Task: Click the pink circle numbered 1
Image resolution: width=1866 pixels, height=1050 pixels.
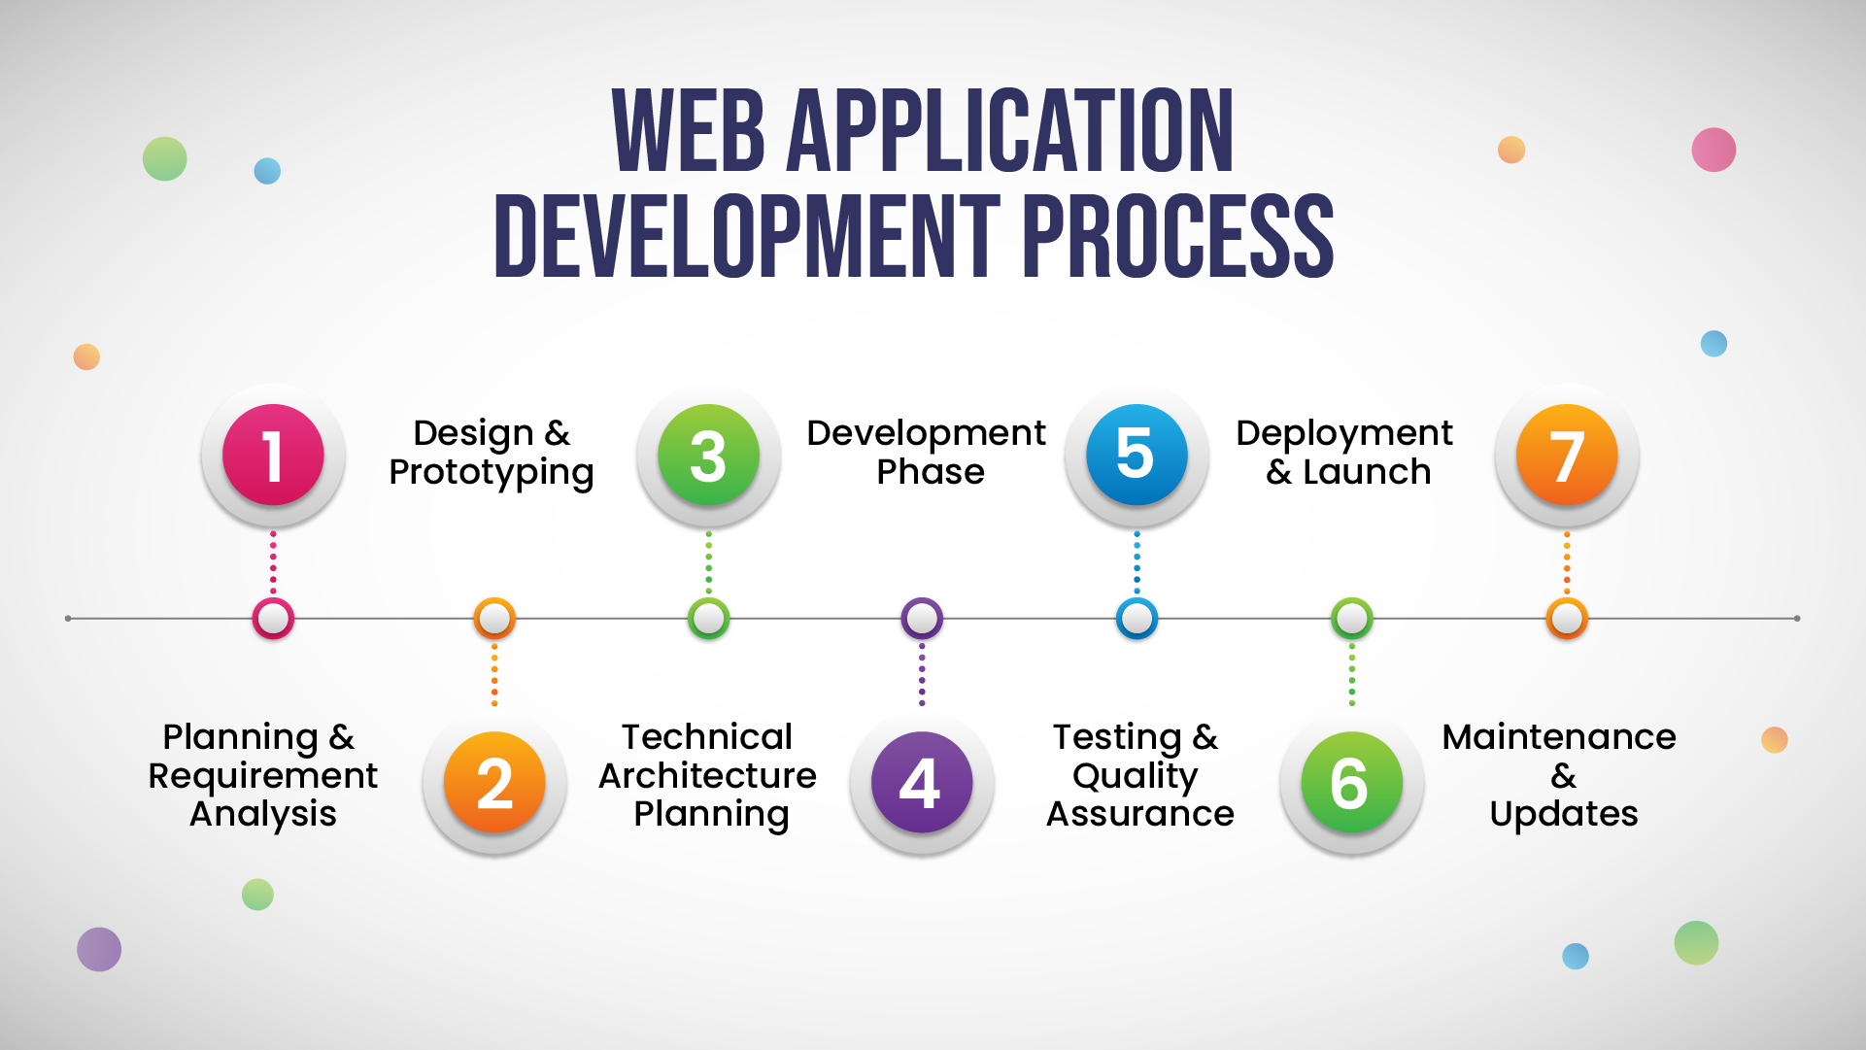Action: tap(273, 455)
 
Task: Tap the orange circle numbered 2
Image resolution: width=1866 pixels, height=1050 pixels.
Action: tap(494, 782)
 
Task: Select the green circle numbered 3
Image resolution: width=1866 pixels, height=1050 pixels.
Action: tap(708, 455)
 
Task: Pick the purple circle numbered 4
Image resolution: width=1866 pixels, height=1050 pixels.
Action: tap(922, 782)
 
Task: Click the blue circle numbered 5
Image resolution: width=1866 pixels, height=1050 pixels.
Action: tap(1137, 455)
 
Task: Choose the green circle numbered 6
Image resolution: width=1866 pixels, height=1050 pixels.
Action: tap(1351, 782)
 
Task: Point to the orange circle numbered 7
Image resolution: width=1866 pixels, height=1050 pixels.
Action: tap(1567, 455)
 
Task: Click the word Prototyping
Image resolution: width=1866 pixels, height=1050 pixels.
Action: tap(492, 473)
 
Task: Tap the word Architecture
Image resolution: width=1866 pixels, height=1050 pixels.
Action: tap(707, 775)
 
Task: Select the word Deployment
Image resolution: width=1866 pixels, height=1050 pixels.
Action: tap(1344, 434)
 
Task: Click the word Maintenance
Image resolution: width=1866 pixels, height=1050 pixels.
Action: tap(1559, 736)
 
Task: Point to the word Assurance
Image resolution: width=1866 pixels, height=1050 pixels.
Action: tap(1139, 813)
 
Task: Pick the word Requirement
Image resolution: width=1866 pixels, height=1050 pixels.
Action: tap(262, 776)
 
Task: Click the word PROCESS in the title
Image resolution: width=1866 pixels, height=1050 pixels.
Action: tap(1177, 236)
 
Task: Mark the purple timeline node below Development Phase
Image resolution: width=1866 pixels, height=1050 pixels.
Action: tap(922, 618)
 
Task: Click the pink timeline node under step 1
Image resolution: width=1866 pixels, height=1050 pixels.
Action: tap(273, 618)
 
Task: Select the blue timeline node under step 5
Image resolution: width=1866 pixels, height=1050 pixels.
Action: tap(1137, 618)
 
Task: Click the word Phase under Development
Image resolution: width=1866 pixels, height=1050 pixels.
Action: tap(931, 472)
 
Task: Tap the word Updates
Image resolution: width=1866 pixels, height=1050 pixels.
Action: tap(1564, 814)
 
